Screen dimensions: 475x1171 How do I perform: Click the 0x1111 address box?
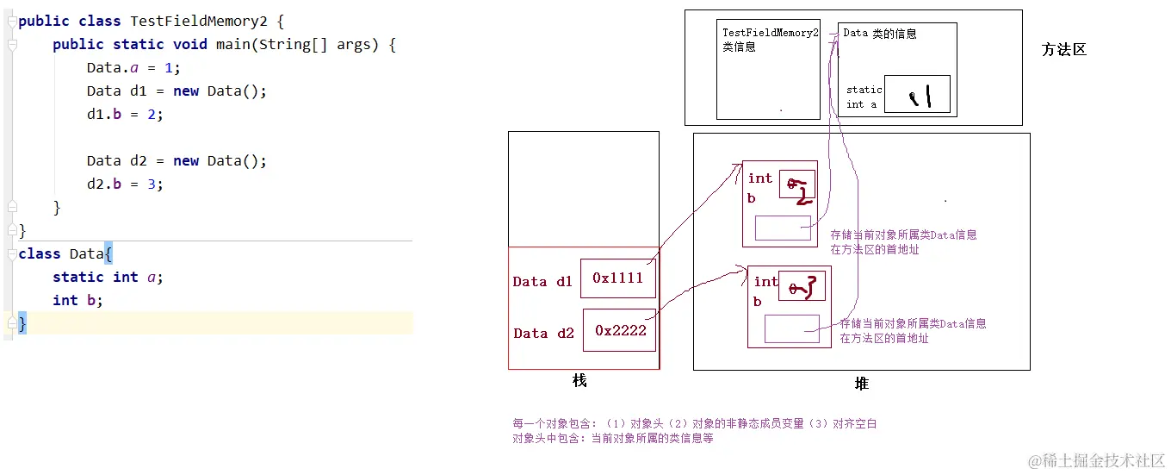[617, 278]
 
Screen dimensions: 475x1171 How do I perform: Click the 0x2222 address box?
[619, 330]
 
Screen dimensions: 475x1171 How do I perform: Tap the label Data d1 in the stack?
[542, 282]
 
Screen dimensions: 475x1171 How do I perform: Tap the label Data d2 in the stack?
[543, 334]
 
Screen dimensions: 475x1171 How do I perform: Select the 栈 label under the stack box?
[579, 380]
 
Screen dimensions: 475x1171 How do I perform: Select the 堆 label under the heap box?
[861, 384]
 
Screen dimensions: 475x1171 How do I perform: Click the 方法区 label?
[1063, 50]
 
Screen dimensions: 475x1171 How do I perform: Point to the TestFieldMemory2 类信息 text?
[769, 40]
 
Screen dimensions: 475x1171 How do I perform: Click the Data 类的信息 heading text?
[879, 34]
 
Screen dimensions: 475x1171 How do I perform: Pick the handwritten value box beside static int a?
[917, 95]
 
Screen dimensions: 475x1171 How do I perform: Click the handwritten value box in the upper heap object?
[796, 184]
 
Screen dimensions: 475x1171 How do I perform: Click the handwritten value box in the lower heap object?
[802, 284]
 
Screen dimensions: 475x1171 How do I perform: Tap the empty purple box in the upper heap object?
[783, 228]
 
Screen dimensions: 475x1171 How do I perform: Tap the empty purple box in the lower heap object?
[791, 328]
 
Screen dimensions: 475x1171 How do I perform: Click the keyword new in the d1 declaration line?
[186, 91]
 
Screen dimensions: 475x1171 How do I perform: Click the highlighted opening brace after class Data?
[108, 253]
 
